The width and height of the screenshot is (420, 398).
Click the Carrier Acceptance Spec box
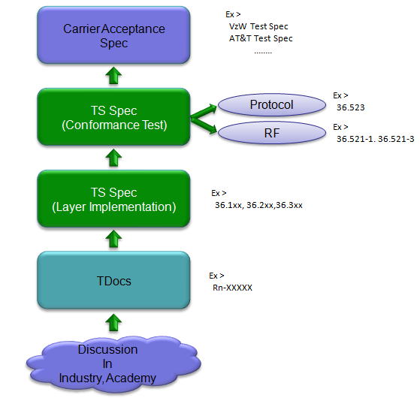[x=113, y=35]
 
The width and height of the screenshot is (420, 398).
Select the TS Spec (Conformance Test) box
[x=113, y=117]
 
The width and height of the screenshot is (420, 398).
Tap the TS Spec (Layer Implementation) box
[x=113, y=199]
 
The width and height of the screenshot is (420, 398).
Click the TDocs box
[x=113, y=280]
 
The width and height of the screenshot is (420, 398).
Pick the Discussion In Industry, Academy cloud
[x=113, y=364]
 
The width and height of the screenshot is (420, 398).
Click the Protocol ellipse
[x=272, y=104]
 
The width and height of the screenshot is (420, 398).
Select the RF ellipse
[x=272, y=133]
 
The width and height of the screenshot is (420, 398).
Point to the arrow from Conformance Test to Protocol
[x=204, y=112]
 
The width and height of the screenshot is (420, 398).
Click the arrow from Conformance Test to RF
[x=204, y=125]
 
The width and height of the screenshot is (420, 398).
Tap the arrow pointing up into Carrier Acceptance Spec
[x=113, y=76]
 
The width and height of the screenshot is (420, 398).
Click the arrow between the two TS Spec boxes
[x=113, y=158]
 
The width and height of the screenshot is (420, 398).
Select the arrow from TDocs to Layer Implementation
[x=113, y=239]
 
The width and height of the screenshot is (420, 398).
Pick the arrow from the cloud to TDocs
[x=113, y=323]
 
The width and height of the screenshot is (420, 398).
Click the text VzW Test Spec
[x=258, y=26]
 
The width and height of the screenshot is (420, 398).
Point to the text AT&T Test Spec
[x=261, y=38]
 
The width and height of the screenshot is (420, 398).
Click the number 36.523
[x=351, y=107]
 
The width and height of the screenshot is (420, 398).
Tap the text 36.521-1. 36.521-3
[x=375, y=139]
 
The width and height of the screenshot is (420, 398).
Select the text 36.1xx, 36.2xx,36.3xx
[x=258, y=205]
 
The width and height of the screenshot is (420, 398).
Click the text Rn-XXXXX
[x=232, y=288]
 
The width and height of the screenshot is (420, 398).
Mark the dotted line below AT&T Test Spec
[x=263, y=53]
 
